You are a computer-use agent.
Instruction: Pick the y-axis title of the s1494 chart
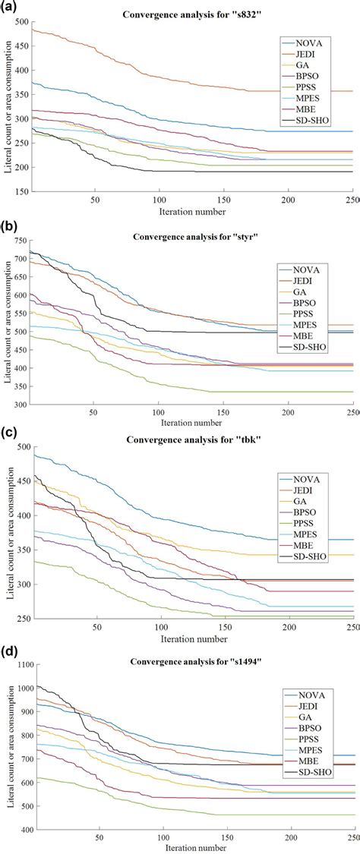click(8, 744)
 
